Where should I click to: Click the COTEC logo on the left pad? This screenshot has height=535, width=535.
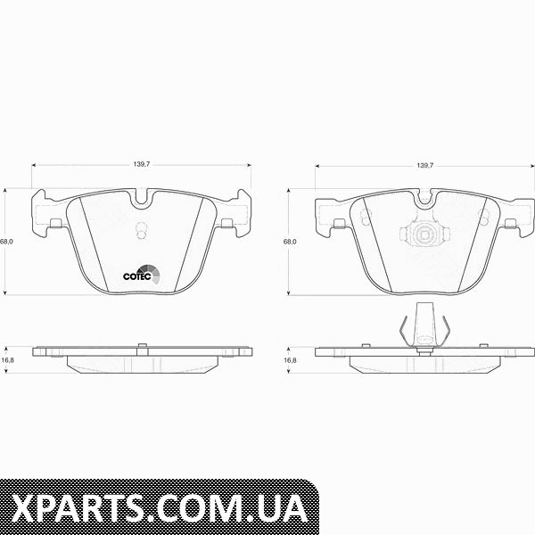point(141,274)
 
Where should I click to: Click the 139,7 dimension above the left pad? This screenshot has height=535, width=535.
point(142,164)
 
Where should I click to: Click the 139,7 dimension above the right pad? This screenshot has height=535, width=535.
point(424,166)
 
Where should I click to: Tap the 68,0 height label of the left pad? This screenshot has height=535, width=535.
point(6,242)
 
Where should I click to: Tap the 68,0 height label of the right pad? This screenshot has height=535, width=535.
point(290,242)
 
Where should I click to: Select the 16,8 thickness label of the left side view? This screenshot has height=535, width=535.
point(7,360)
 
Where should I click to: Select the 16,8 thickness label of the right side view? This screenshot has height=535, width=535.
point(291,360)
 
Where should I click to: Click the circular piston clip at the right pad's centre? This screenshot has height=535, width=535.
point(424,235)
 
